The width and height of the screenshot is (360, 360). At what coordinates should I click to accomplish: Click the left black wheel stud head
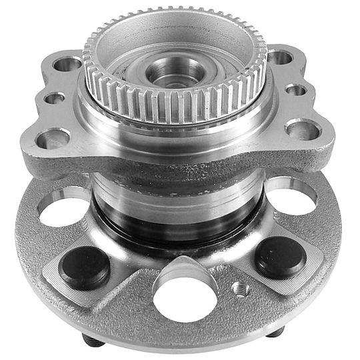(85, 267)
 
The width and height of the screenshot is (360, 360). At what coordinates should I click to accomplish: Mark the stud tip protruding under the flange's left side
(90, 339)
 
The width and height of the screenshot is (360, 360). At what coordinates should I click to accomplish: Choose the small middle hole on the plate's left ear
(55, 99)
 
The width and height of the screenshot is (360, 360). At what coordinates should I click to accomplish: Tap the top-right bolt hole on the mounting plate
(280, 57)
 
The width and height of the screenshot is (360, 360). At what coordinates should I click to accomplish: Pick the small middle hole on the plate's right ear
(296, 89)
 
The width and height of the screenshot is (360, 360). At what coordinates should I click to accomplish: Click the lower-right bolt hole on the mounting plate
(301, 128)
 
